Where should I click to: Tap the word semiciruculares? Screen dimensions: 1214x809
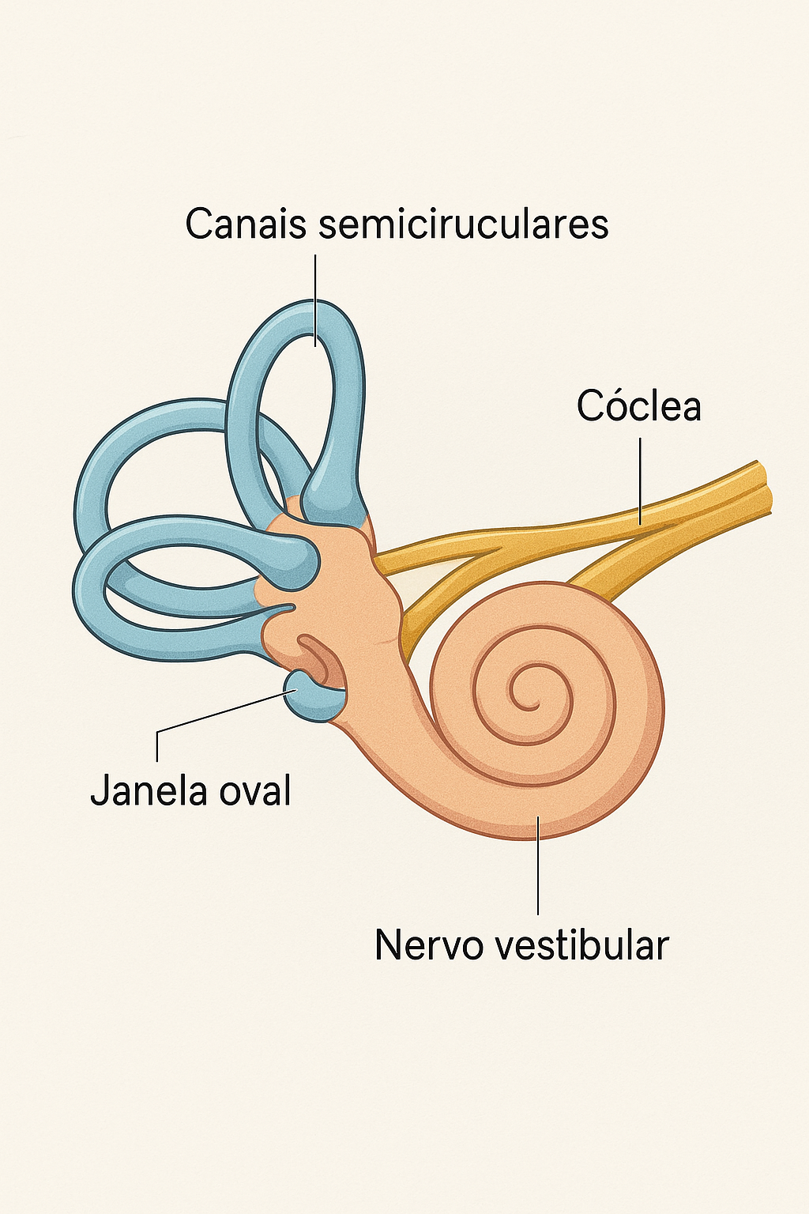(464, 224)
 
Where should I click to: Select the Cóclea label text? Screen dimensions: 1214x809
(638, 406)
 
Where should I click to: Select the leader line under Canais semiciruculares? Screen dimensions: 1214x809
(315, 300)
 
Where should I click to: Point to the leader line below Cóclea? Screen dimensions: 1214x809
(640, 482)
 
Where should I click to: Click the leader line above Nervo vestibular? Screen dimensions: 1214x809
(538, 865)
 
